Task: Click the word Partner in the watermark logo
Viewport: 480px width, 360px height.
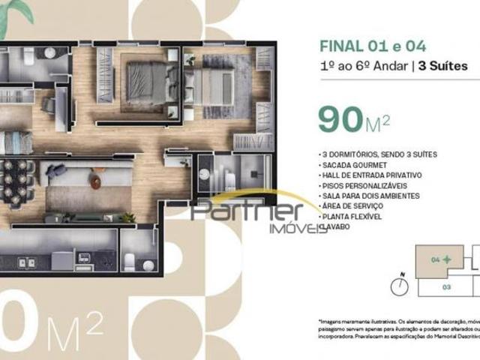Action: pos(247,211)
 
